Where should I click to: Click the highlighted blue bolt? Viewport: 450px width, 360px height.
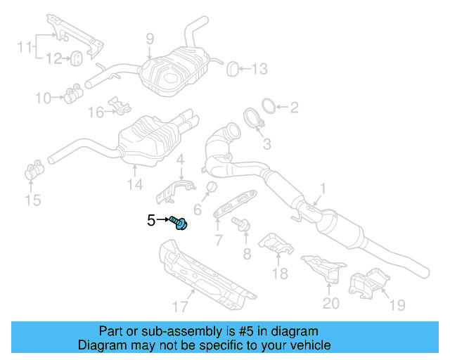pos(179,222)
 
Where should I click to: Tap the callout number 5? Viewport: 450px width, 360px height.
pos(151,221)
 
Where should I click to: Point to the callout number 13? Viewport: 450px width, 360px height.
pos(259,68)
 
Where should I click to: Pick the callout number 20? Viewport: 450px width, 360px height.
pos(330,303)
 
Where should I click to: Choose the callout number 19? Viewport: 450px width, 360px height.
pos(397,304)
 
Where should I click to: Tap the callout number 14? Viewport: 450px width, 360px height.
pos(134,184)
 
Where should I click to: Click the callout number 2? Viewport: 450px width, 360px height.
pos(294,107)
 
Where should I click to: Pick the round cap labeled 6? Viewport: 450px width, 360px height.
pos(209,187)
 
